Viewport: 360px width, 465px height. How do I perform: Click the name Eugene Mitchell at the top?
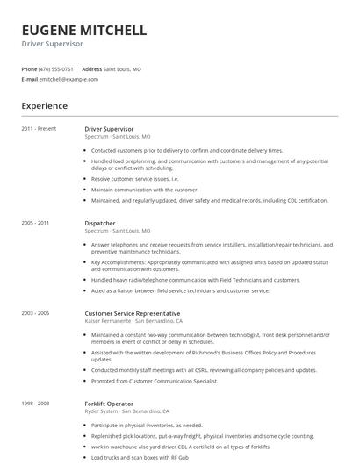coord(83,31)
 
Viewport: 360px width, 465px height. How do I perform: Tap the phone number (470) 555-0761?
coord(56,68)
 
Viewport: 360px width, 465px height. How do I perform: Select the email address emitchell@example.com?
coord(68,79)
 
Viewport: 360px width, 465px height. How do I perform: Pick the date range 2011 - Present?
coord(39,129)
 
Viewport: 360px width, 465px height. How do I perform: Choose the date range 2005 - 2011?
coord(36,223)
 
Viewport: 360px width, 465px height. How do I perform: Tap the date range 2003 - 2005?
coord(36,313)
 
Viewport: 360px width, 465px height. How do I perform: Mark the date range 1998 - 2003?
coord(36,403)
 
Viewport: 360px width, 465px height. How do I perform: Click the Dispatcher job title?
coord(100,223)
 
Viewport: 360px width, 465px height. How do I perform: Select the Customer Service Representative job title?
coord(133,313)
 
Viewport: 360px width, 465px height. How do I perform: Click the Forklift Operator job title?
coord(109,403)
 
